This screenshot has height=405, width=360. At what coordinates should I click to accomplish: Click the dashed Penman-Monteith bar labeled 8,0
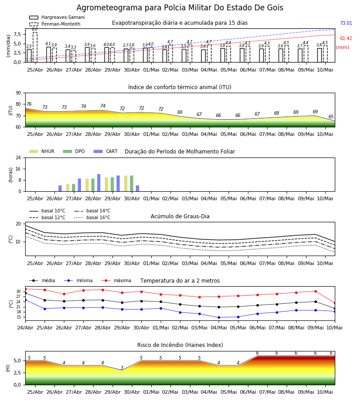[x=35, y=47]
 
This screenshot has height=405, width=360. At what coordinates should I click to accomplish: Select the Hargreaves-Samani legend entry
[x=57, y=17]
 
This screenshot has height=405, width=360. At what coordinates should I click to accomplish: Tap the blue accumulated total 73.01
[x=346, y=23]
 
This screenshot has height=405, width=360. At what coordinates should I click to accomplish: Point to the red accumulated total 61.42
[x=346, y=38]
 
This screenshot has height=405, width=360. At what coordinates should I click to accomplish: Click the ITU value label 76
[x=29, y=104]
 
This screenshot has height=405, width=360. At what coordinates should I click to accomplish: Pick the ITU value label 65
[x=331, y=117]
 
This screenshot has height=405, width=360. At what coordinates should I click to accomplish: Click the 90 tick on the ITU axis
[x=18, y=93]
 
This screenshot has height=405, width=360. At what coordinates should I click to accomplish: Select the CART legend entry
[x=106, y=151]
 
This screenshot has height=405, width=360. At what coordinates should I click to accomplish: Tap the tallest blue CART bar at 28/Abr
[x=99, y=183]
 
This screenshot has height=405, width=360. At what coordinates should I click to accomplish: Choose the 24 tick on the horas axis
[x=18, y=157]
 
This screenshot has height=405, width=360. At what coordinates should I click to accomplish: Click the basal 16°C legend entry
[x=92, y=217]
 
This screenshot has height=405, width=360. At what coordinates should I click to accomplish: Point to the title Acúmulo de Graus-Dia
[x=180, y=216]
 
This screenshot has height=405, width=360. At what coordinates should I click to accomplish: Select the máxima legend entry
[x=117, y=280]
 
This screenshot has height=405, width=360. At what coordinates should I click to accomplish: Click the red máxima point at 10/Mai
[x=335, y=303]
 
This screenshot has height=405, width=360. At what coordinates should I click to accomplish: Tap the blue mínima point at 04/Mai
[x=219, y=317]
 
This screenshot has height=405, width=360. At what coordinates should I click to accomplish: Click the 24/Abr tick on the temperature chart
[x=25, y=328]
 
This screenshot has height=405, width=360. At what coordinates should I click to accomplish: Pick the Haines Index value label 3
[x=122, y=368]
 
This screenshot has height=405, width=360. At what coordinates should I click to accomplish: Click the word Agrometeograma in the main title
[x=109, y=8]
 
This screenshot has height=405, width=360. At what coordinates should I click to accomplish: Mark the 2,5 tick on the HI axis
[x=17, y=373]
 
